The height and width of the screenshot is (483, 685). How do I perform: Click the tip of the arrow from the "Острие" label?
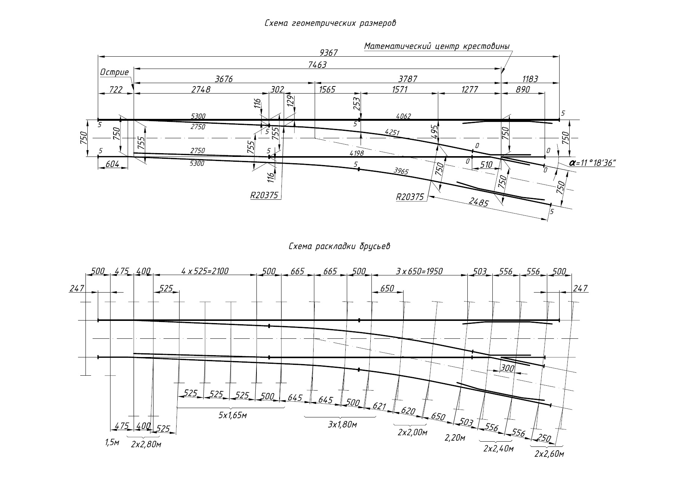[x=134, y=90]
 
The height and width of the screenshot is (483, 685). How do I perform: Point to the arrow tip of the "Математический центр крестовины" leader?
[x=501, y=73]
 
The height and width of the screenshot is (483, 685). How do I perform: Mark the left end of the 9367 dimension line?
[x=98, y=57]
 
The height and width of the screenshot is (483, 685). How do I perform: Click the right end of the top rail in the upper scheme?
[x=559, y=120]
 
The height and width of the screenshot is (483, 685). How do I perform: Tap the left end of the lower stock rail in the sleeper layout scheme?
[x=98, y=357]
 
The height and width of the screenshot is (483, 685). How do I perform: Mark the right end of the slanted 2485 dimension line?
[x=548, y=221]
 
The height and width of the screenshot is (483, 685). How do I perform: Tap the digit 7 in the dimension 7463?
[x=310, y=65]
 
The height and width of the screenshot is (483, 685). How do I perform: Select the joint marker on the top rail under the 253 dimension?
[x=359, y=120]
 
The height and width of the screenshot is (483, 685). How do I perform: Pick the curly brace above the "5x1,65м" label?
[x=230, y=408]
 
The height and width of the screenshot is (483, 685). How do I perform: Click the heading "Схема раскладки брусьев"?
[x=339, y=247]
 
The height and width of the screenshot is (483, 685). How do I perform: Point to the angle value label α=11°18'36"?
[x=592, y=163]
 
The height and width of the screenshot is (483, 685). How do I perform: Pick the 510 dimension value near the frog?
[x=486, y=164]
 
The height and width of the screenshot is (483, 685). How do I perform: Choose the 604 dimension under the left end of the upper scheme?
[x=113, y=164]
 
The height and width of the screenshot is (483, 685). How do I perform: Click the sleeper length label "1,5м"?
[x=112, y=442]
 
